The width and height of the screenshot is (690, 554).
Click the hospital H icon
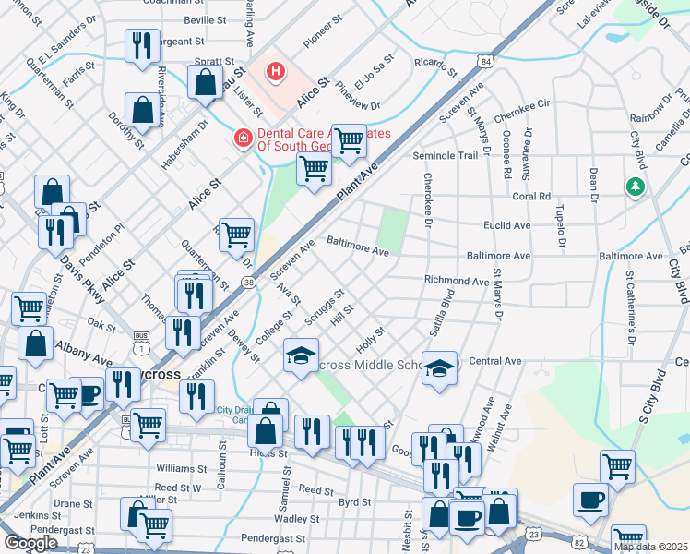tap(275, 70)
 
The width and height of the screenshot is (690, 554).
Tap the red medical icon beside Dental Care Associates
tap(243, 138)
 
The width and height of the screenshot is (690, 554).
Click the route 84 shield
tap(485, 61)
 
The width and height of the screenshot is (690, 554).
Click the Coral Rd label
tap(531, 197)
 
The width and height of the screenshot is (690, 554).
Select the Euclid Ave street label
tap(506, 225)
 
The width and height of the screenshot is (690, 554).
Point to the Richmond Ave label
tap(456, 281)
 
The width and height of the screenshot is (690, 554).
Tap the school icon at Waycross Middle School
tap(439, 367)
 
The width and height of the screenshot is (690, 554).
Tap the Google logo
tap(30, 543)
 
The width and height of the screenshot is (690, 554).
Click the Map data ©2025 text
tap(650, 547)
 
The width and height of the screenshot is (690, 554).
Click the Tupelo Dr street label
tap(560, 228)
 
